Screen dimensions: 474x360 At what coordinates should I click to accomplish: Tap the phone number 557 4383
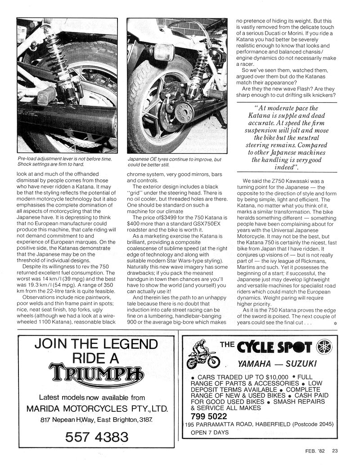97,436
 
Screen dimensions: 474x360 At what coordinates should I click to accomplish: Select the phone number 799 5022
208,416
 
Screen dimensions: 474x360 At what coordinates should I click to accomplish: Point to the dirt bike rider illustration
202,354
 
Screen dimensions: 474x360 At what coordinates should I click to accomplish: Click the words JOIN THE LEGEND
96,345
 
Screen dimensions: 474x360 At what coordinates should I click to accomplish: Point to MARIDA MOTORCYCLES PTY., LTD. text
97,409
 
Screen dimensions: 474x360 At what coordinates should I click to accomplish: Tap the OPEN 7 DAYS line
210,433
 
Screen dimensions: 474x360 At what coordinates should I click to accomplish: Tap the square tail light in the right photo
164,52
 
